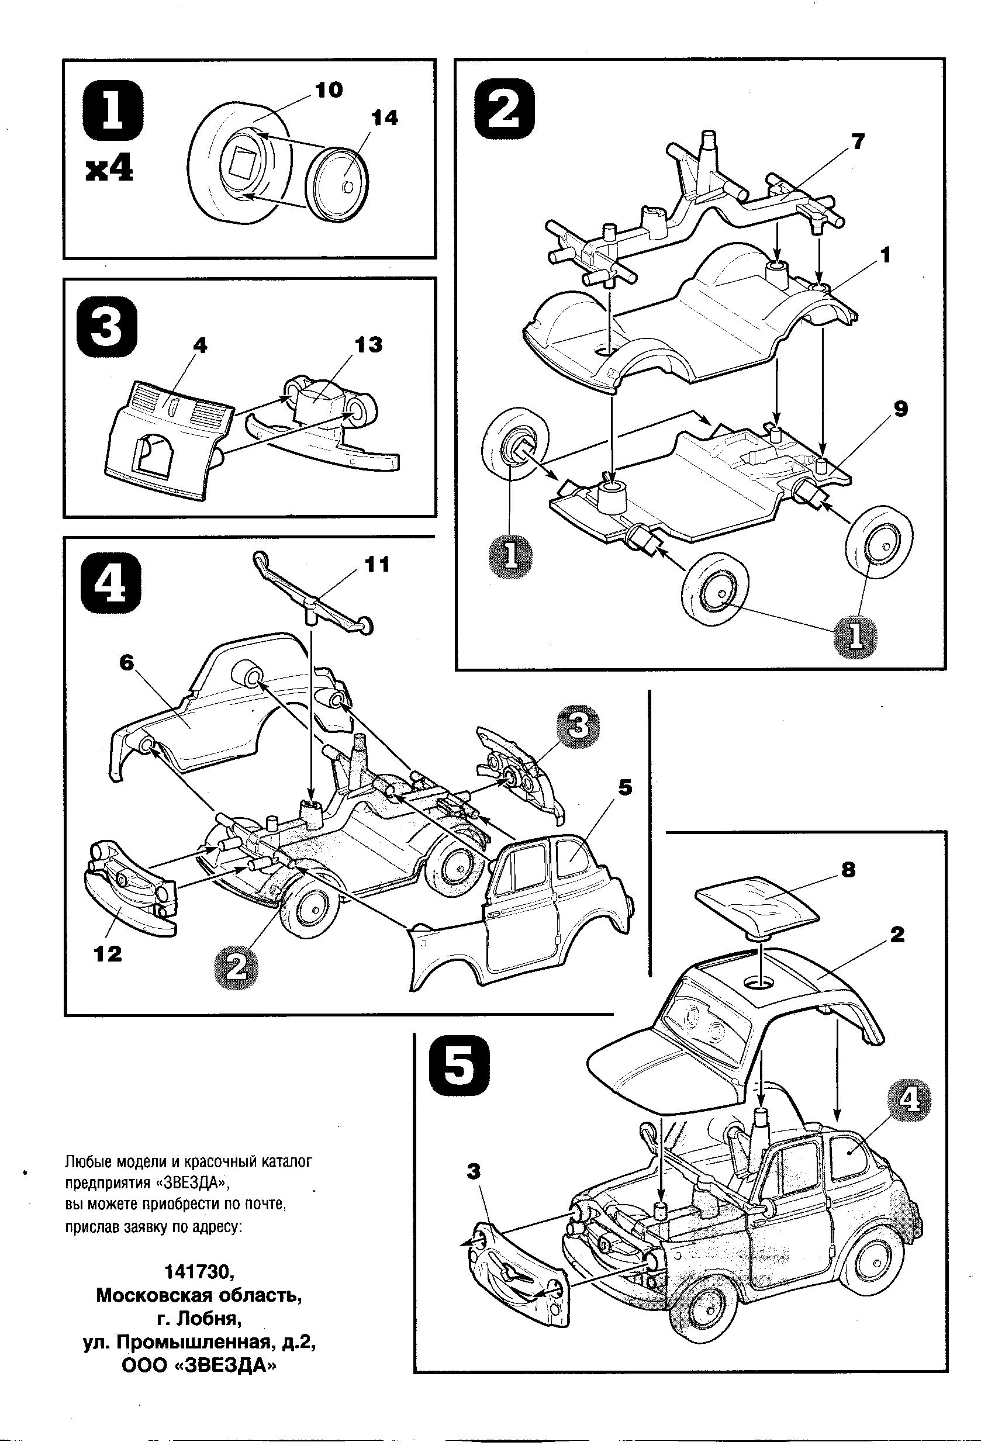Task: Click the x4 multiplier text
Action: [x=109, y=170]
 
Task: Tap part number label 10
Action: [x=328, y=91]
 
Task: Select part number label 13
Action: [x=368, y=345]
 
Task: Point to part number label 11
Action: [x=376, y=564]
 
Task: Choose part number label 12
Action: [x=107, y=953]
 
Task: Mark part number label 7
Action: [x=858, y=142]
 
